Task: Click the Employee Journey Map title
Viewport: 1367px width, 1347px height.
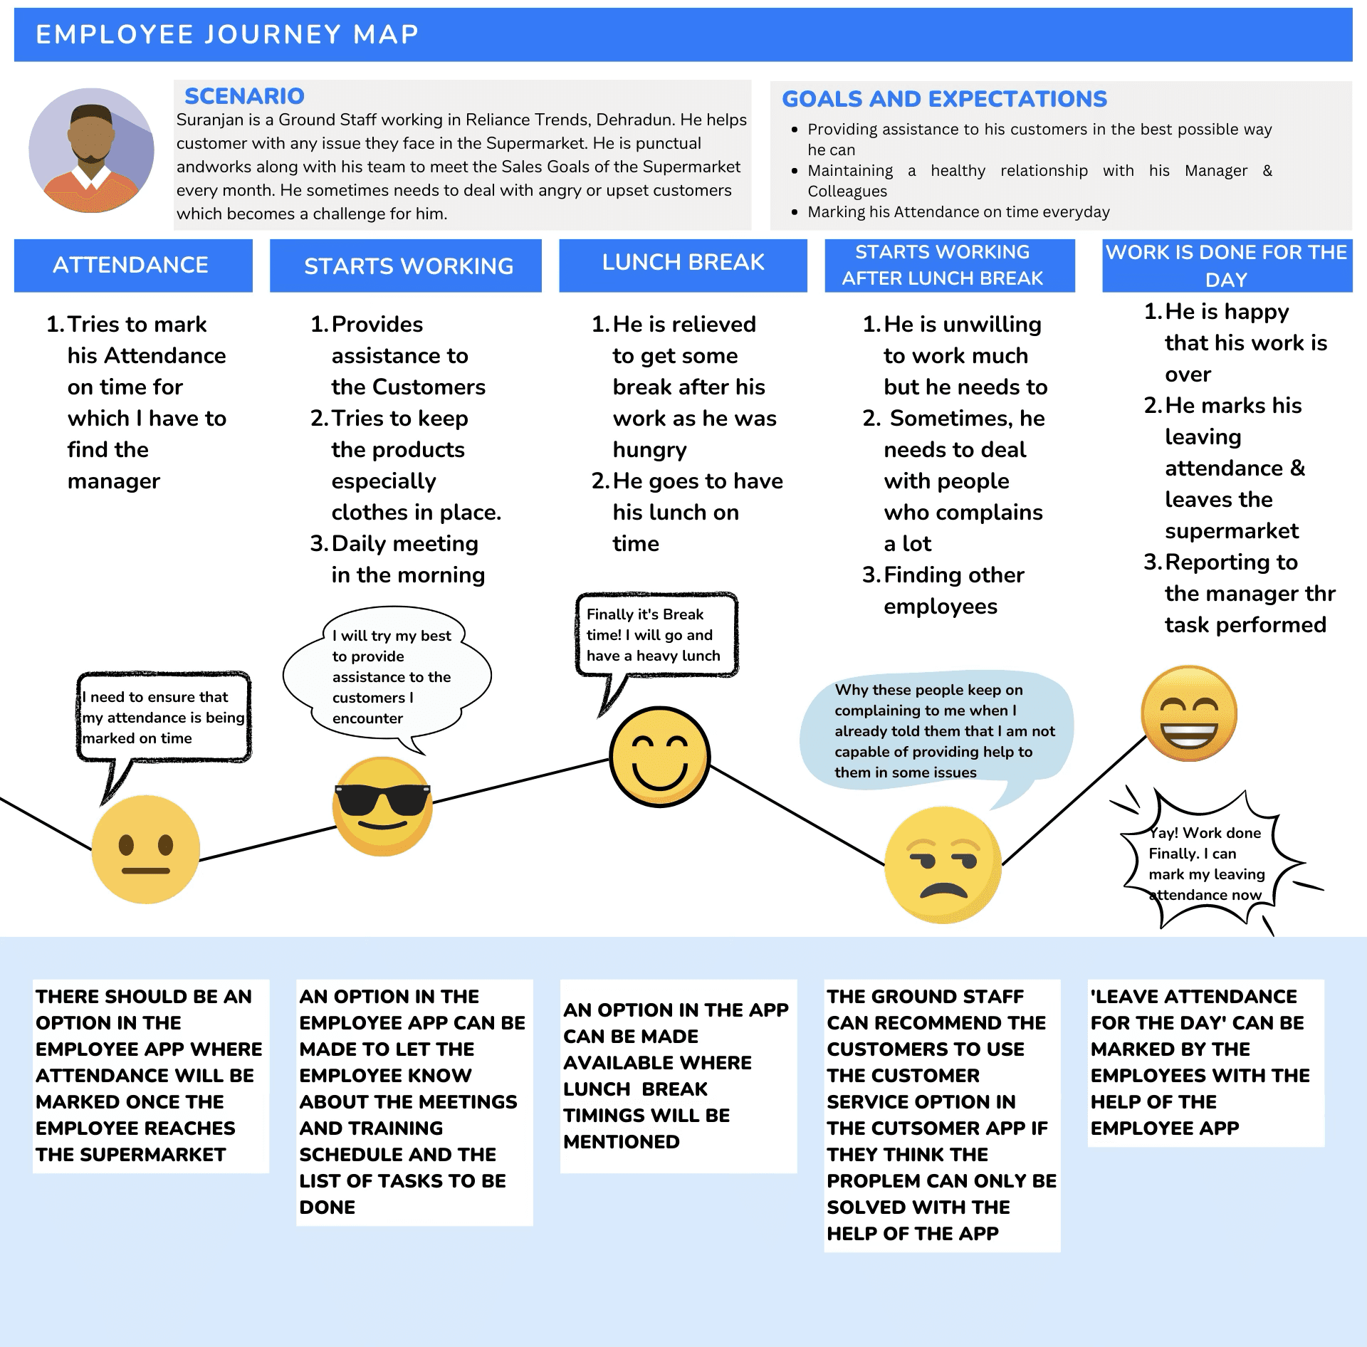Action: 227,34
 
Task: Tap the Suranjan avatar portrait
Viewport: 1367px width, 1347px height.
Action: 91,150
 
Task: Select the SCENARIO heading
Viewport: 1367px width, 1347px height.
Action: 244,95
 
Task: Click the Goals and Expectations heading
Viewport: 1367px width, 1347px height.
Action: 944,98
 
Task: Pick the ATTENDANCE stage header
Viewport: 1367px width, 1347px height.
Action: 133,265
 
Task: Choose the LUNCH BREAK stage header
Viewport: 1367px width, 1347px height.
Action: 683,263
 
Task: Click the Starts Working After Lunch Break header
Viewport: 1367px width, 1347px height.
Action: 942,265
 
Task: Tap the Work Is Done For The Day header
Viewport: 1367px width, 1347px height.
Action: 1226,265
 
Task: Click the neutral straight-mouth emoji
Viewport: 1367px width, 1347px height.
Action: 145,849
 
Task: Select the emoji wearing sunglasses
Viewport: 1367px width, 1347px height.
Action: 382,806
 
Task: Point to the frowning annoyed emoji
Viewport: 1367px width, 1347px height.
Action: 943,864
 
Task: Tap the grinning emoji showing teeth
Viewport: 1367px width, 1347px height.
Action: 1188,713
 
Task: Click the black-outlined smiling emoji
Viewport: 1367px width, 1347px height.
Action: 659,756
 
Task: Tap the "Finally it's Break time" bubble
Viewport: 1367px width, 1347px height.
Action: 656,634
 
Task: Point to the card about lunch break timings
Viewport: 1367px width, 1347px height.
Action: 678,1075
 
